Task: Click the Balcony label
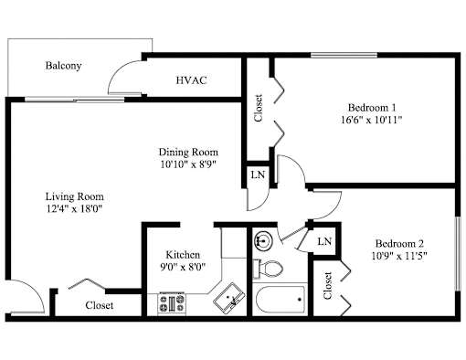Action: [x=63, y=66]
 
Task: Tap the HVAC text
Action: [x=191, y=80]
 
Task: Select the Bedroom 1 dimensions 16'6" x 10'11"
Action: [x=372, y=120]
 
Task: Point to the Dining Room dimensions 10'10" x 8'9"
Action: [x=188, y=164]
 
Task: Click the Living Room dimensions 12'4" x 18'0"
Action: [x=73, y=209]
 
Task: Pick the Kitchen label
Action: [x=183, y=255]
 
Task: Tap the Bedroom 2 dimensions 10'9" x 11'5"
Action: [x=399, y=256]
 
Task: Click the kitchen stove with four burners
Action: [x=172, y=303]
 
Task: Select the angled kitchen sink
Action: [x=229, y=299]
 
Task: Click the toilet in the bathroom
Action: [x=268, y=269]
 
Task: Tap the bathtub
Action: [x=281, y=300]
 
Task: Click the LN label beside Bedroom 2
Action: [x=324, y=241]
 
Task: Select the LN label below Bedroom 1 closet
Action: [x=258, y=175]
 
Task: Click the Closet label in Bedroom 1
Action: [x=259, y=108]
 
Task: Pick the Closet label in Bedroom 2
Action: [x=327, y=286]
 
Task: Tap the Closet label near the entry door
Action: [x=100, y=305]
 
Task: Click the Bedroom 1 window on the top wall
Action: [x=344, y=56]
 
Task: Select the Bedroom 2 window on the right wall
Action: [x=458, y=254]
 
